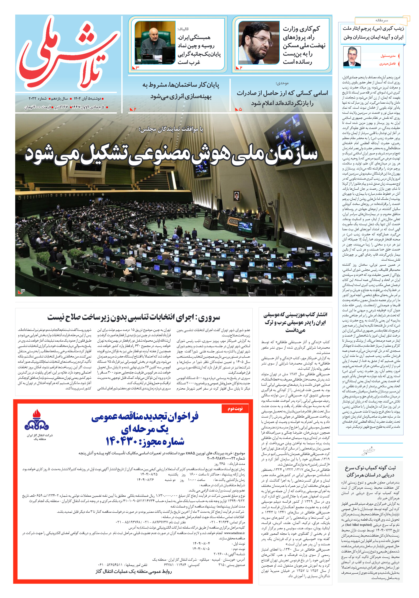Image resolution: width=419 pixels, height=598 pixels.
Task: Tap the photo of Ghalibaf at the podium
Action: tap(155, 43)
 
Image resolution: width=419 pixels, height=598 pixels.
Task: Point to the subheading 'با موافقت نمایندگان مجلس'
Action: tap(171, 129)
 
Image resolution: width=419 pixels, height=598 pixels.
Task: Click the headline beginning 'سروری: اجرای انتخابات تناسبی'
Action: tap(134, 317)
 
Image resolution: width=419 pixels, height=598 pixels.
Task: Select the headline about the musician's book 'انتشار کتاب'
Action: tap(295, 322)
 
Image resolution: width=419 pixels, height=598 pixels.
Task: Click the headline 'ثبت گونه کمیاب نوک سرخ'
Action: tap(370, 471)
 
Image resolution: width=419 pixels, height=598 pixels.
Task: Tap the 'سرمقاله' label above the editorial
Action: tap(381, 20)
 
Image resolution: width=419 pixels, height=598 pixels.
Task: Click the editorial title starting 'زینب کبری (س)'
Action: tap(373, 33)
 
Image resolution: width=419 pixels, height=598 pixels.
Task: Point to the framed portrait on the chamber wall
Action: tap(236, 195)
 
